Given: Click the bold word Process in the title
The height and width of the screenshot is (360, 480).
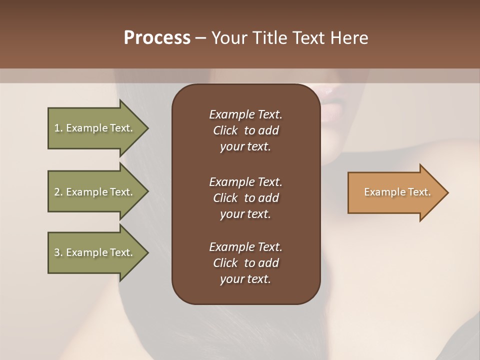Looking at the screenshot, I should (157, 38).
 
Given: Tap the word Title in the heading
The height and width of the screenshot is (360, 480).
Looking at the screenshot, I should (273, 38).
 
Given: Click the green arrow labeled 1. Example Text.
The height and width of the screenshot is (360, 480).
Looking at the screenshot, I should (94, 128).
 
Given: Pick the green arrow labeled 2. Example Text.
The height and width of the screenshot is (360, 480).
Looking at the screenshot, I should (94, 192).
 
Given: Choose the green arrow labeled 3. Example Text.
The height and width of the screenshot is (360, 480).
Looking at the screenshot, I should (94, 252).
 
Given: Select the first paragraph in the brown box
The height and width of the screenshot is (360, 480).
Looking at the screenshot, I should (245, 130).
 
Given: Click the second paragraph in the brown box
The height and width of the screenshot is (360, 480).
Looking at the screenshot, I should (245, 197).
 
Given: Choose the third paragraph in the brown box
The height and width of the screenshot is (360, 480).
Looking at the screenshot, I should (245, 263).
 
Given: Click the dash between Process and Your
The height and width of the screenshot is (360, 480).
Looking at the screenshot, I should (201, 38).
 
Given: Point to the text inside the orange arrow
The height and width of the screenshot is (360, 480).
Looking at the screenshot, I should (397, 192).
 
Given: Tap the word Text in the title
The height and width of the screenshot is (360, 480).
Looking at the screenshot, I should (310, 38).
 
